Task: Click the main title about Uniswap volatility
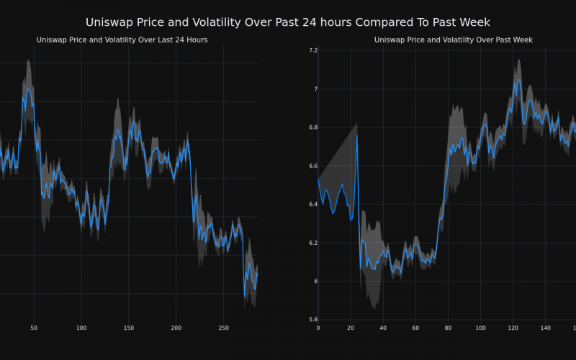point(288,22)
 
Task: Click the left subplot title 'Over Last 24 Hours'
point(122,40)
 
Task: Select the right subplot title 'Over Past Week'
point(454,40)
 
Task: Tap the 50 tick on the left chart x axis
point(34,328)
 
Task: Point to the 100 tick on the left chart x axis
point(81,328)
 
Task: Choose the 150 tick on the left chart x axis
point(128,328)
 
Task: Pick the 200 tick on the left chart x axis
point(176,328)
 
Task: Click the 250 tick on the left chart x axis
point(223,328)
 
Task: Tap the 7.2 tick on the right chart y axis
point(312,50)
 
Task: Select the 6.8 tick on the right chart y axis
point(312,127)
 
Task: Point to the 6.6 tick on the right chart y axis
point(312,166)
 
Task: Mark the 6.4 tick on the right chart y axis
point(312,204)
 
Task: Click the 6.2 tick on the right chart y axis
point(312,243)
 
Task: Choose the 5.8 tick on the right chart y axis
point(312,319)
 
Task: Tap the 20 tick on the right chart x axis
point(351,328)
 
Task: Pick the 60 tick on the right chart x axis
point(415,328)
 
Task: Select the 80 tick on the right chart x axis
point(448,328)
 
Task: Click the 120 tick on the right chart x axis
point(513,328)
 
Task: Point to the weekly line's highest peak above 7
point(516,80)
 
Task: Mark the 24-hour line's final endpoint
point(257,273)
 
